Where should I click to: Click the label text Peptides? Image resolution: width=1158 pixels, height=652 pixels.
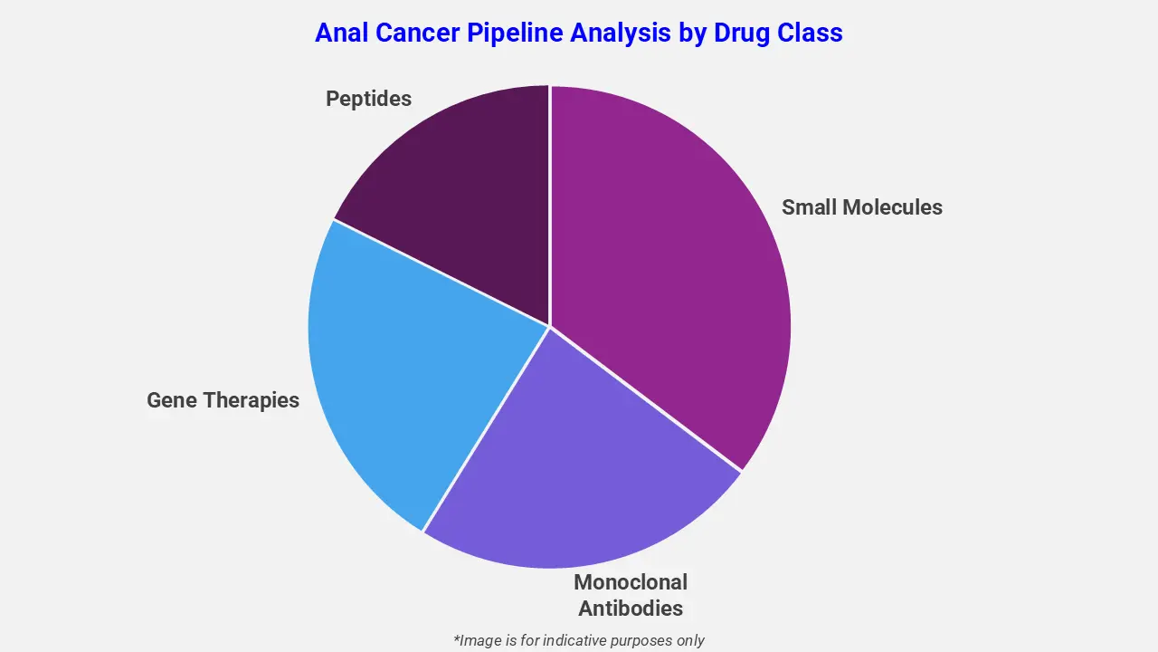[x=368, y=99]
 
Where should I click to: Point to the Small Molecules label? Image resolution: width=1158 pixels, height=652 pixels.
[x=861, y=207]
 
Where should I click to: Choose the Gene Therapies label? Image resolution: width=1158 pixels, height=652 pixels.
[x=223, y=400]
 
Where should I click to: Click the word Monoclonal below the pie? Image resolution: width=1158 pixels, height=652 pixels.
[x=631, y=582]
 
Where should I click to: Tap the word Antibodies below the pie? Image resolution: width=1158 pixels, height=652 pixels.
[x=631, y=608]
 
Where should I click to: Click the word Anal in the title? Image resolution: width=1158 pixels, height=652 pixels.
[x=343, y=34]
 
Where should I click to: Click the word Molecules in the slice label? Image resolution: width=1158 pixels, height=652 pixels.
[x=894, y=207]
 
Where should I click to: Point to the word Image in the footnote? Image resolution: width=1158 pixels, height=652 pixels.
[x=480, y=640]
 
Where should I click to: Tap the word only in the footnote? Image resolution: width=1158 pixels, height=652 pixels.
[x=689, y=640]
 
